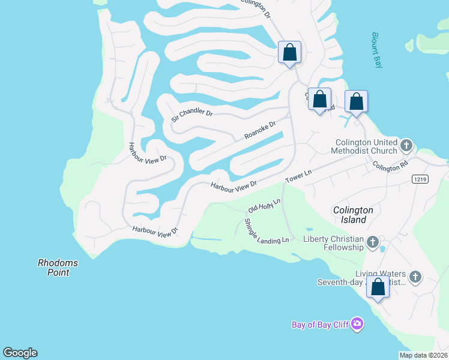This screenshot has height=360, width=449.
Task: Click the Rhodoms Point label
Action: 58,268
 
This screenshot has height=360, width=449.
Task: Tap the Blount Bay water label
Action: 377,50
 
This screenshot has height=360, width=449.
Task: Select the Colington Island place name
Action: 354,215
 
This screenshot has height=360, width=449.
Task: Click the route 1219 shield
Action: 420,179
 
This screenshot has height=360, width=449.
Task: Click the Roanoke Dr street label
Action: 260,130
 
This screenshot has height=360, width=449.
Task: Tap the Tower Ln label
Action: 298,176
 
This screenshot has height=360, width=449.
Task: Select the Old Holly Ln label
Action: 264,205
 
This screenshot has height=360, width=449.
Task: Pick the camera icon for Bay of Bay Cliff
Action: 357,325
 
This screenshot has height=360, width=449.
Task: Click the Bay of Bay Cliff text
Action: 321,325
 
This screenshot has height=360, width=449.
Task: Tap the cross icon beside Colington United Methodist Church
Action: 406,145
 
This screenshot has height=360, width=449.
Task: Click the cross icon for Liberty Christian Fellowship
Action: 372,243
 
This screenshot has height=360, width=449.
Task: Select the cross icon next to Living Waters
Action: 415,277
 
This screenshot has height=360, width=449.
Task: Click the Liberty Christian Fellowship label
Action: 333,243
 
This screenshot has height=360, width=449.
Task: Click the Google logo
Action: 20,353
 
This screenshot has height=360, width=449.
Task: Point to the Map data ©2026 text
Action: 423,355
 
